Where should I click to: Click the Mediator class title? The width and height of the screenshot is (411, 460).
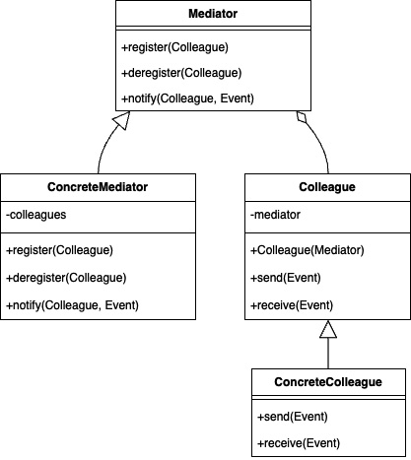(213, 14)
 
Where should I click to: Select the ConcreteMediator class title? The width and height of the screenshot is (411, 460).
(98, 187)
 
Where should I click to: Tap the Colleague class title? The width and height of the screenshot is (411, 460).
(327, 187)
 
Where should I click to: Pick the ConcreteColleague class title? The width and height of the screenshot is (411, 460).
(328, 382)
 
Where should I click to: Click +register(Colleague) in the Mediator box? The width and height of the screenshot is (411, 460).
(174, 47)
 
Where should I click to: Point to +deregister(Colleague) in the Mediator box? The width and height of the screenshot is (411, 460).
(181, 73)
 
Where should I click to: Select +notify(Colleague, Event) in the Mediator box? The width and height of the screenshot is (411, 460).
(187, 99)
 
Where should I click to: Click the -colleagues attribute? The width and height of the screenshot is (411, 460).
(36, 215)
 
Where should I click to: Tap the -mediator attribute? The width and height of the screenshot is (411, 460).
(275, 215)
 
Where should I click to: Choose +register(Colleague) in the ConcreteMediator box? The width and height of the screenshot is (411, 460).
(59, 250)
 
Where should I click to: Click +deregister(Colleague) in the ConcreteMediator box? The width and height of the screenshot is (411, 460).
(66, 278)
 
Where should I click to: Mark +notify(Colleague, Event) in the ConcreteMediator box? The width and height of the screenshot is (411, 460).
(72, 305)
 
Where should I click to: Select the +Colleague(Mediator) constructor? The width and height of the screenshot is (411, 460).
(308, 250)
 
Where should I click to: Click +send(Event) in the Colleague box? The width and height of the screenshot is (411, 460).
(286, 278)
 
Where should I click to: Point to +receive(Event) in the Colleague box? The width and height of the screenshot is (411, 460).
(292, 305)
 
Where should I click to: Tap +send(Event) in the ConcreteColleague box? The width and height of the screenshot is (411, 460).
(293, 417)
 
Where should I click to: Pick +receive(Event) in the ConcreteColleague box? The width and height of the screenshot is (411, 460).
(299, 443)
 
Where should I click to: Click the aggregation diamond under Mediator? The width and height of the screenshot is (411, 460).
(302, 117)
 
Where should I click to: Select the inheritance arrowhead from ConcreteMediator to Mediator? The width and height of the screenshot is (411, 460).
(121, 120)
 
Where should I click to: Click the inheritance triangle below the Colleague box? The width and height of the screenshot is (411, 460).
(328, 329)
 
